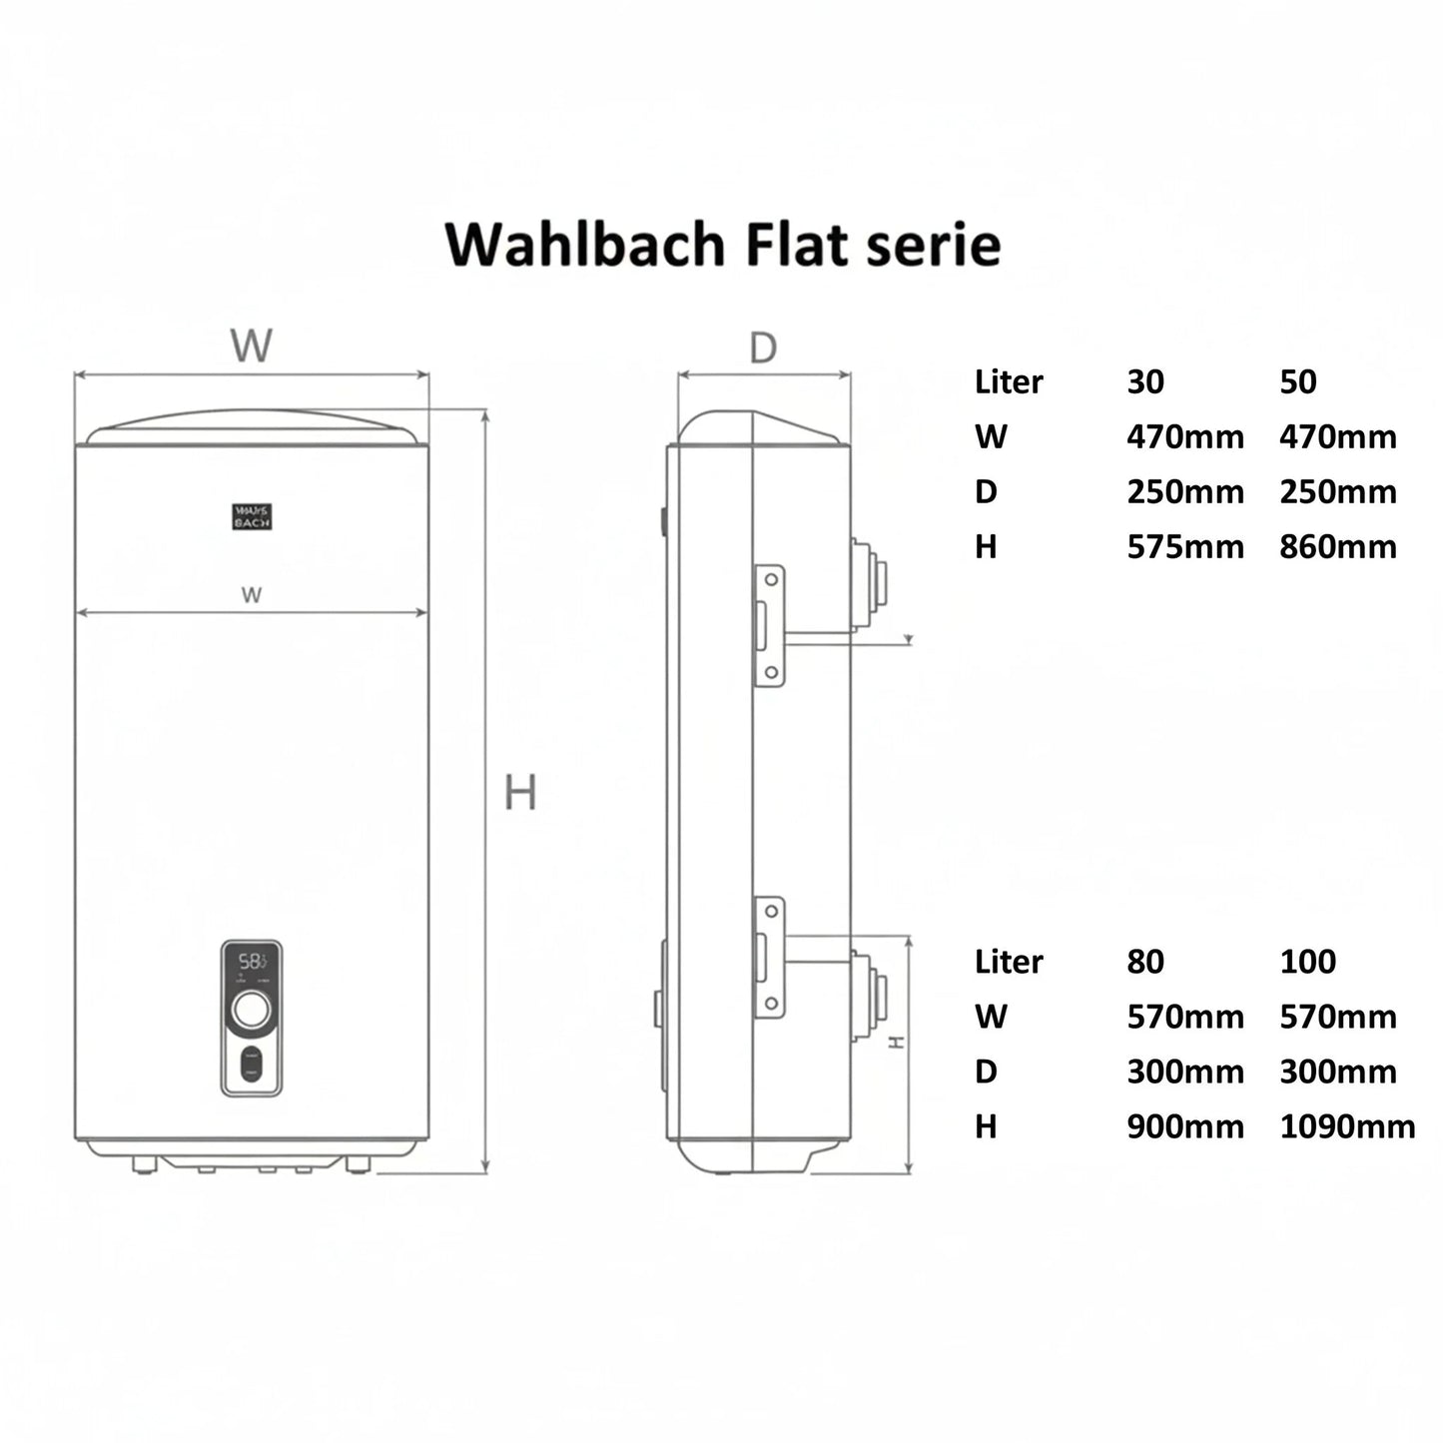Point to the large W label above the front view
(x=251, y=346)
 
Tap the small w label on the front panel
(x=251, y=595)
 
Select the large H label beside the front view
(x=520, y=793)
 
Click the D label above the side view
(x=763, y=349)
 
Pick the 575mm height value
(x=1185, y=547)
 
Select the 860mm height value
(x=1338, y=547)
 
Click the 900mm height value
(x=1185, y=1126)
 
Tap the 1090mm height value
(x=1347, y=1126)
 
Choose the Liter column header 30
(x=1145, y=381)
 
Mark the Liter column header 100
(x=1307, y=962)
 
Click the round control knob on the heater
(x=251, y=1011)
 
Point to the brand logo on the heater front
(x=252, y=516)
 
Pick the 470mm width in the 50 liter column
(x=1338, y=437)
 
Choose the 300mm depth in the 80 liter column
(x=1185, y=1072)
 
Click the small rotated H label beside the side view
(x=897, y=1042)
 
